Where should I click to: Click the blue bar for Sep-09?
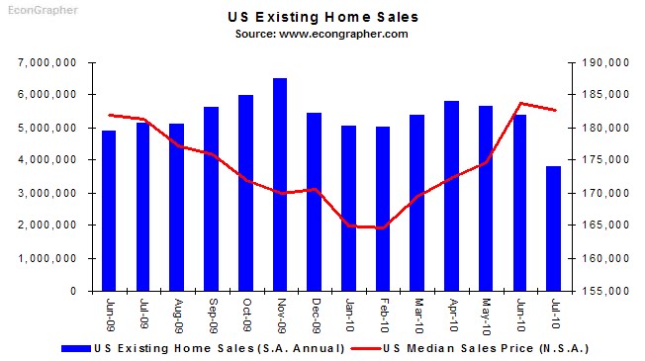point(212,199)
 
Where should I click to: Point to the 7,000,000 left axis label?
point(48,62)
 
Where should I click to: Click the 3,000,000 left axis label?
point(48,193)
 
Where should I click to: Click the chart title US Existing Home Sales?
point(322,17)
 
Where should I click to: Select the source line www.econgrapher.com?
point(322,34)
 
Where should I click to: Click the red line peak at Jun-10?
point(520,103)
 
